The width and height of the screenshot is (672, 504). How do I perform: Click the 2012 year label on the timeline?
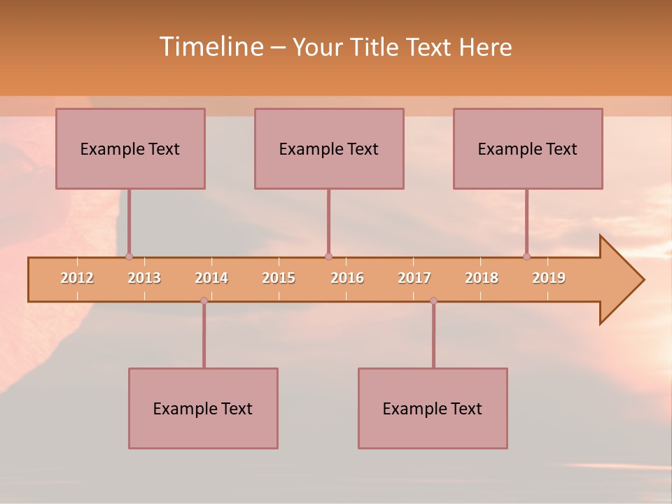[77, 278]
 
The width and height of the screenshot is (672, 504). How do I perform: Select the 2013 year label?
[144, 278]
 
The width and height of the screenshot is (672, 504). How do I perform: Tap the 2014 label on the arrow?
[211, 278]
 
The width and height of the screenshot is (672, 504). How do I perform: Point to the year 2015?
[279, 278]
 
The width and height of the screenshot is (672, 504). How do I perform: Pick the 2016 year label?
[347, 278]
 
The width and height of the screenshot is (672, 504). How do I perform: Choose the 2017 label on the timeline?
[414, 278]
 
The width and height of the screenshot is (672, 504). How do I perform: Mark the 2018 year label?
[482, 278]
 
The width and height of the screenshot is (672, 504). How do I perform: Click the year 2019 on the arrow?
[549, 278]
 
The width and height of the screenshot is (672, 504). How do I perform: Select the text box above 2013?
[130, 148]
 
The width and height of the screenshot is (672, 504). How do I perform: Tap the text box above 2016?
[329, 148]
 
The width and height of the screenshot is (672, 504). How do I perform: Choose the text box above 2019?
[528, 148]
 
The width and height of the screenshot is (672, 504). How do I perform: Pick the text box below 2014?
[203, 408]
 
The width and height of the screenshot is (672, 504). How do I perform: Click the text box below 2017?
[433, 408]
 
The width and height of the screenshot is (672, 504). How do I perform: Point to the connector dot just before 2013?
[129, 256]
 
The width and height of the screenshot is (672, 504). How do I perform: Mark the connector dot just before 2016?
[328, 256]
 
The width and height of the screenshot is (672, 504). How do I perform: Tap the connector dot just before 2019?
[526, 256]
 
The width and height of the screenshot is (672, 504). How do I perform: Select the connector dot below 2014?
[204, 300]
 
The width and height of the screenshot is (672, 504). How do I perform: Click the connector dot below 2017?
[433, 300]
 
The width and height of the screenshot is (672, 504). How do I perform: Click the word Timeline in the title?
[210, 47]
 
